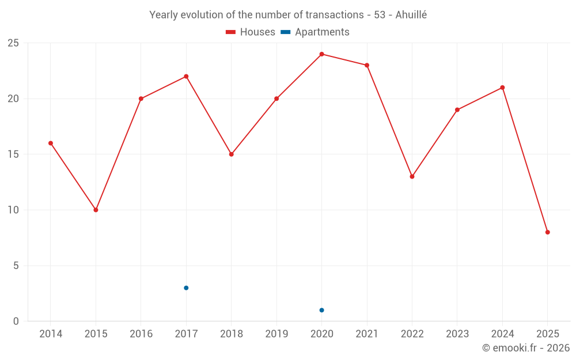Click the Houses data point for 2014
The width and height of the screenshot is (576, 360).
(51, 143)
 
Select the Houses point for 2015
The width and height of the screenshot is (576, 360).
(96, 210)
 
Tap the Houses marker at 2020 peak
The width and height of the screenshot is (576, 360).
(321, 54)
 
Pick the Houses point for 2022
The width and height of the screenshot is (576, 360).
(412, 176)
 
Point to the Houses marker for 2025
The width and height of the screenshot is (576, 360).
(547, 232)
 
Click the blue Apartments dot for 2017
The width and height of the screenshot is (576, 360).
(186, 288)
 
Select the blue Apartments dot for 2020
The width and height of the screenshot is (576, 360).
(321, 310)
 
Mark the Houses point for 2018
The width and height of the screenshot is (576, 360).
(231, 154)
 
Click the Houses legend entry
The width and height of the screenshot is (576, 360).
(251, 32)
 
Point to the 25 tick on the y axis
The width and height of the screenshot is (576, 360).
(13, 43)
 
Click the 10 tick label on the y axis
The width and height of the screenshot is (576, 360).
(13, 210)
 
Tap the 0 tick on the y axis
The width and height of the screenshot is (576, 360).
(16, 321)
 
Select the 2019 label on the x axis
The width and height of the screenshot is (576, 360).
(276, 334)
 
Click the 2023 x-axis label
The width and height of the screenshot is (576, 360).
(457, 334)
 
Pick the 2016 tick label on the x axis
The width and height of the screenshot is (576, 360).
(141, 334)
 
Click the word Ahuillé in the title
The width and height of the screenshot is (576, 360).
(411, 15)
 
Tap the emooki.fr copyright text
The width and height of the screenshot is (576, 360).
(526, 348)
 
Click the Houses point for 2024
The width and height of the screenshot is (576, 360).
(502, 88)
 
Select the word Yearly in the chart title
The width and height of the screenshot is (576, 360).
(164, 15)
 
